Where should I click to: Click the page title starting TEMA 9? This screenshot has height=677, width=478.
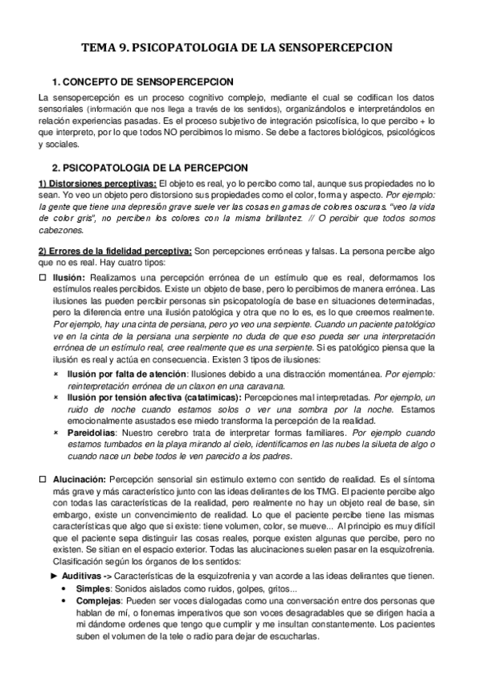point(239,48)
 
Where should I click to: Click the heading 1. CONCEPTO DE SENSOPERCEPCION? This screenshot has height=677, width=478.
point(142,81)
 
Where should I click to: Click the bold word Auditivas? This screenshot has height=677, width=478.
point(82,576)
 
